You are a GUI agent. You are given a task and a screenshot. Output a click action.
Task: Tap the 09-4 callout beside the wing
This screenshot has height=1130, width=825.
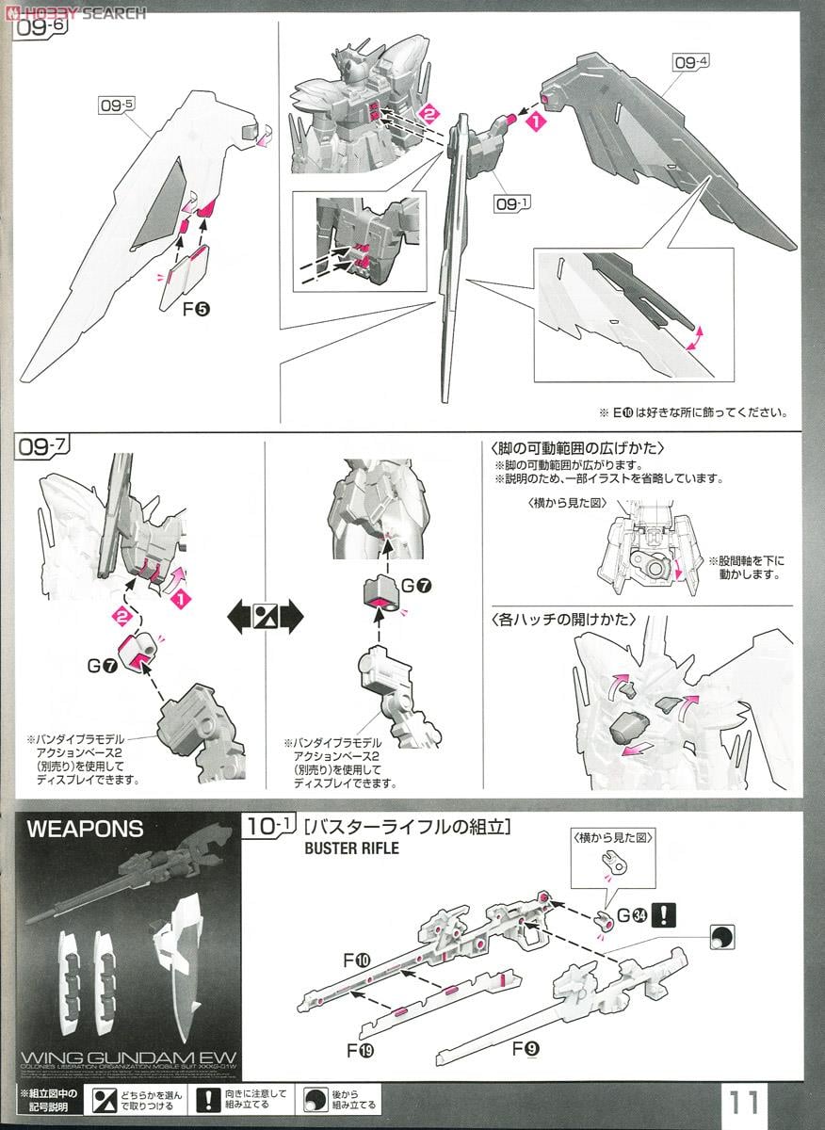click(x=692, y=63)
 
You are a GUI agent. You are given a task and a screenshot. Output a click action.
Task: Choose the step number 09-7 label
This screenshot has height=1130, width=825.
click(x=39, y=447)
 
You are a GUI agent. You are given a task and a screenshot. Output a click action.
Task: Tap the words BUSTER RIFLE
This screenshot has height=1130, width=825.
click(x=351, y=847)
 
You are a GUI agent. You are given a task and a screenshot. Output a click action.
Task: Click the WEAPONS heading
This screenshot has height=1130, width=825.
click(x=85, y=830)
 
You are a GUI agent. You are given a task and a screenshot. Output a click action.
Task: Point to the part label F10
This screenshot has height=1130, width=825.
click(x=358, y=961)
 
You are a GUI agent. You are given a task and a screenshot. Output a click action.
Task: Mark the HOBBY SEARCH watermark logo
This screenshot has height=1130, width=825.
click(x=75, y=12)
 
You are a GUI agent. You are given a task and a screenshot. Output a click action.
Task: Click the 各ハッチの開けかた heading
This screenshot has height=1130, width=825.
click(x=563, y=620)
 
